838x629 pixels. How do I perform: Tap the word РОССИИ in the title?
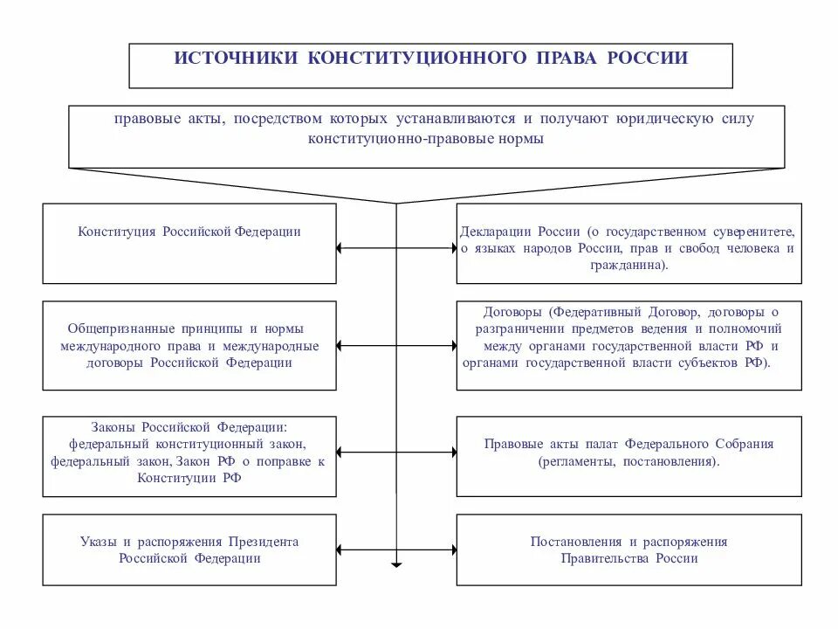point(642,59)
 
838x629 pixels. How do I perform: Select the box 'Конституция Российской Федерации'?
point(189,243)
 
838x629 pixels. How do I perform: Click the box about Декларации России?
point(628,243)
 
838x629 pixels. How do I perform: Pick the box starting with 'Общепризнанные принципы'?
point(189,345)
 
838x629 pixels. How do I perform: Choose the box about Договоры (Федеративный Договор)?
point(628,345)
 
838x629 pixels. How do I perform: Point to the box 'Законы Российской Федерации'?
point(189,456)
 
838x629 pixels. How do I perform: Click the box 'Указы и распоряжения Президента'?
point(189,550)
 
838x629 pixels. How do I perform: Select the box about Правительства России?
point(628,550)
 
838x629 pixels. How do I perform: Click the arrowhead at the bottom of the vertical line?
point(397,564)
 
